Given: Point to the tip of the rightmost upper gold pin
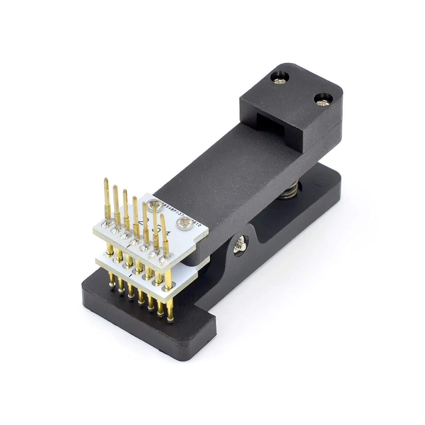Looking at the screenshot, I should point(162,215).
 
